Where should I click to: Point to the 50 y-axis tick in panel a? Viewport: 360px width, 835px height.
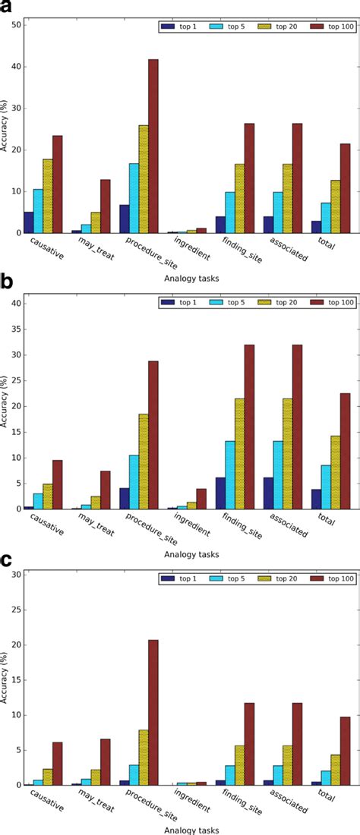point(15,25)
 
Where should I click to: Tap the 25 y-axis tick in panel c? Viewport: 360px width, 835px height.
point(15,610)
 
